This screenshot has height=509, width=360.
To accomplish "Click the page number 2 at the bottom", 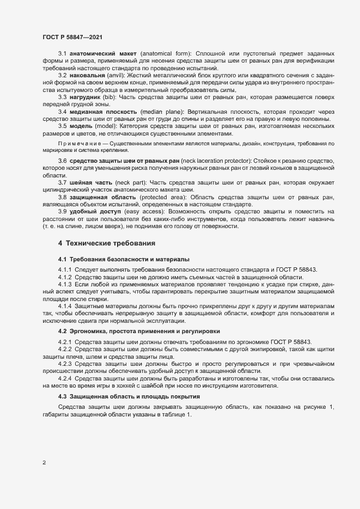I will click(44, 463).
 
